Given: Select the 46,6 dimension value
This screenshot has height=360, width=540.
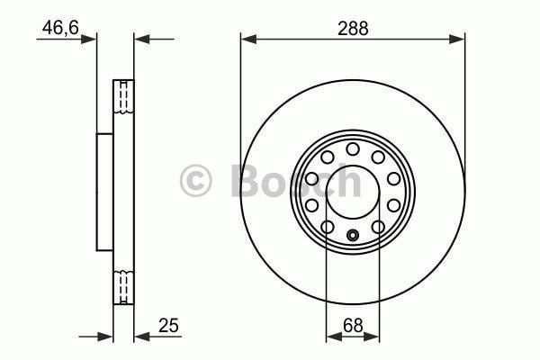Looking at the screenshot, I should coord(59,28).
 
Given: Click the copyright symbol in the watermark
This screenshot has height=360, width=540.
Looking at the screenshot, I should coord(196,181).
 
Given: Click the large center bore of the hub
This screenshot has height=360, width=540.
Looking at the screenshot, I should coord(353,185).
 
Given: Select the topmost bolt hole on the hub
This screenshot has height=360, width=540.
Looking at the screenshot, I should coord(353,148).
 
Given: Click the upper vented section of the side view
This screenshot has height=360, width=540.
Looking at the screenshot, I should coord(123,102).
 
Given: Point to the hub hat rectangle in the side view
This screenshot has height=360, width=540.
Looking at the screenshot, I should coord(105,192).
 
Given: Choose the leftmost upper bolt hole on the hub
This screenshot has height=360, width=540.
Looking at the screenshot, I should coord(312,179).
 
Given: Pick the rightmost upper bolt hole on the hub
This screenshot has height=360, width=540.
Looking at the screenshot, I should coord(393,179).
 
